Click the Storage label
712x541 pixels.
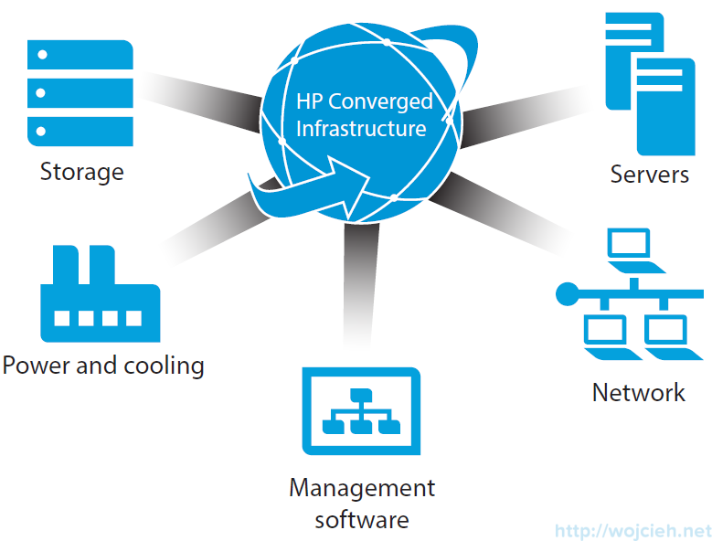81,171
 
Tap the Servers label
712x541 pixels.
649,174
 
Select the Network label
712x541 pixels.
638,393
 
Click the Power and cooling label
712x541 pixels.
102,366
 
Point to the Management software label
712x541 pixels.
362,504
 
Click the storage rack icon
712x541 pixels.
80,90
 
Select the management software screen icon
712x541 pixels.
361,411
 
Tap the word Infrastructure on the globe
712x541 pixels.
361,128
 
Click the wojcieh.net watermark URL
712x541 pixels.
632,530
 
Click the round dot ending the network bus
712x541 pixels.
568,293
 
